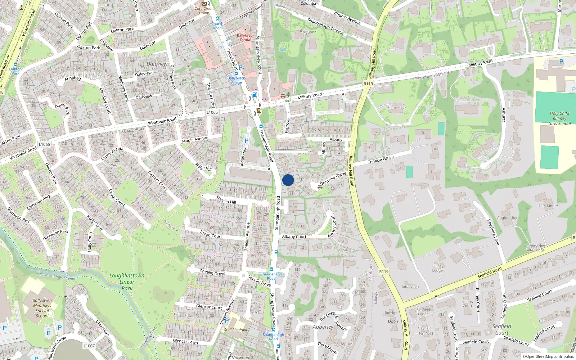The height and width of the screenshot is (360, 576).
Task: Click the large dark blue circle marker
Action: coord(288,180)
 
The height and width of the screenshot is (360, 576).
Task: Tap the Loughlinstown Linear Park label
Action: coord(127,282)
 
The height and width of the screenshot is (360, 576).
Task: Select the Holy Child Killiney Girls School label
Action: coord(559,118)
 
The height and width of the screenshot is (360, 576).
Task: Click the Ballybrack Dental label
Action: coord(246,37)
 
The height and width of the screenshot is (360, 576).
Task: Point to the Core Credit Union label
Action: coord(204,10)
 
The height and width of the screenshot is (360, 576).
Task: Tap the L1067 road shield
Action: coord(89,346)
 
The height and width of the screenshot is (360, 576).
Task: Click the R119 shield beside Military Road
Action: coord(368,84)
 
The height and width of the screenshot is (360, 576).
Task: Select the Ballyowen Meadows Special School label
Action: coord(42,308)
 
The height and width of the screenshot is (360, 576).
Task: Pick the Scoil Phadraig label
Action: coord(235,329)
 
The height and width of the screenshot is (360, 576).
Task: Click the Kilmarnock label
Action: coord(397,107)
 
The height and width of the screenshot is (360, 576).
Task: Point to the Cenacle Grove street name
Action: coord(381,159)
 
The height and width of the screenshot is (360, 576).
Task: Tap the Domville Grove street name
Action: coord(333,178)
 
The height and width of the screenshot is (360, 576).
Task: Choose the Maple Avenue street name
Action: coord(195,139)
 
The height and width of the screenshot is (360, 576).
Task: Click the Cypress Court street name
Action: coord(158,180)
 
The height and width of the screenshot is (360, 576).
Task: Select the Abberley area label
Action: coord(323,327)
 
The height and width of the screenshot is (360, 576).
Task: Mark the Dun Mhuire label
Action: coord(549,206)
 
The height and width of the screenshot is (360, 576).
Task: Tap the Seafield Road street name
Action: coord(489,273)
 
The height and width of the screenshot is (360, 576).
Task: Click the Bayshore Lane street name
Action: coord(493,232)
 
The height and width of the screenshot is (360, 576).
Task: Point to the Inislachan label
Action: coord(410,287)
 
